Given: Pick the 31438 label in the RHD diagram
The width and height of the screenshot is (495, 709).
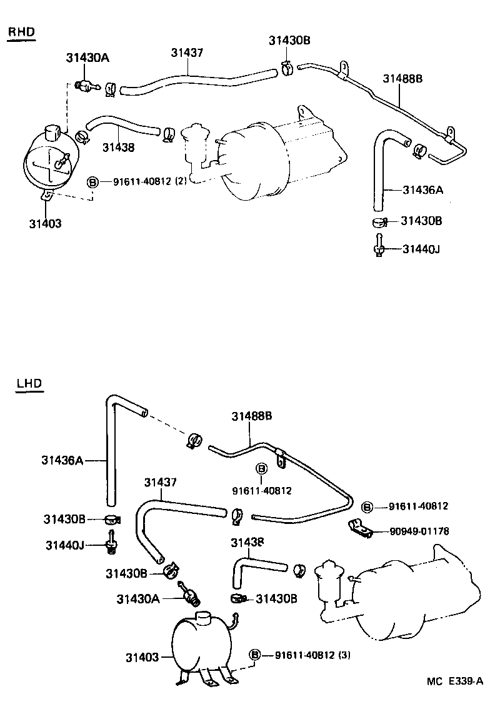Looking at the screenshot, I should (118, 148).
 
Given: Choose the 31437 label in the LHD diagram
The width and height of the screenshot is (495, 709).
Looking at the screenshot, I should (161, 483).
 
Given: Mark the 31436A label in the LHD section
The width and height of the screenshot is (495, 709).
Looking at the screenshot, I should (62, 460).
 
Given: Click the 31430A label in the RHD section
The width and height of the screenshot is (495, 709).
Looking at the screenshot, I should (87, 58).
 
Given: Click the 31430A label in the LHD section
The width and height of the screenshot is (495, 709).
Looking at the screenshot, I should (137, 598).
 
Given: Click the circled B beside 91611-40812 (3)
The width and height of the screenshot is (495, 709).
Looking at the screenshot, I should (255, 655).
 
